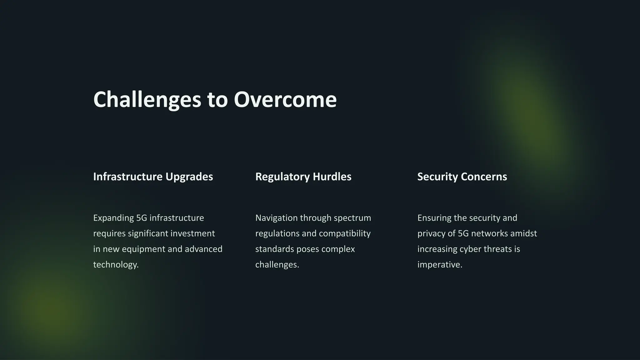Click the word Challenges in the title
[x=147, y=99]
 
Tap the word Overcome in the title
[x=285, y=99]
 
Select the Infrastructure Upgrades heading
[x=153, y=177]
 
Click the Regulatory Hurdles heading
[x=303, y=177]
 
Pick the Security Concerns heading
[x=462, y=177]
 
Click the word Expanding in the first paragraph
[x=113, y=218]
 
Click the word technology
[x=116, y=265]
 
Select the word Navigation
[x=277, y=218]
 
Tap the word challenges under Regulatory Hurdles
[x=277, y=265]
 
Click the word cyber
[x=470, y=249]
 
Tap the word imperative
[x=439, y=265]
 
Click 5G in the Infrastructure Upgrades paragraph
[x=142, y=218]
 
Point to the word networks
[x=489, y=233]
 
